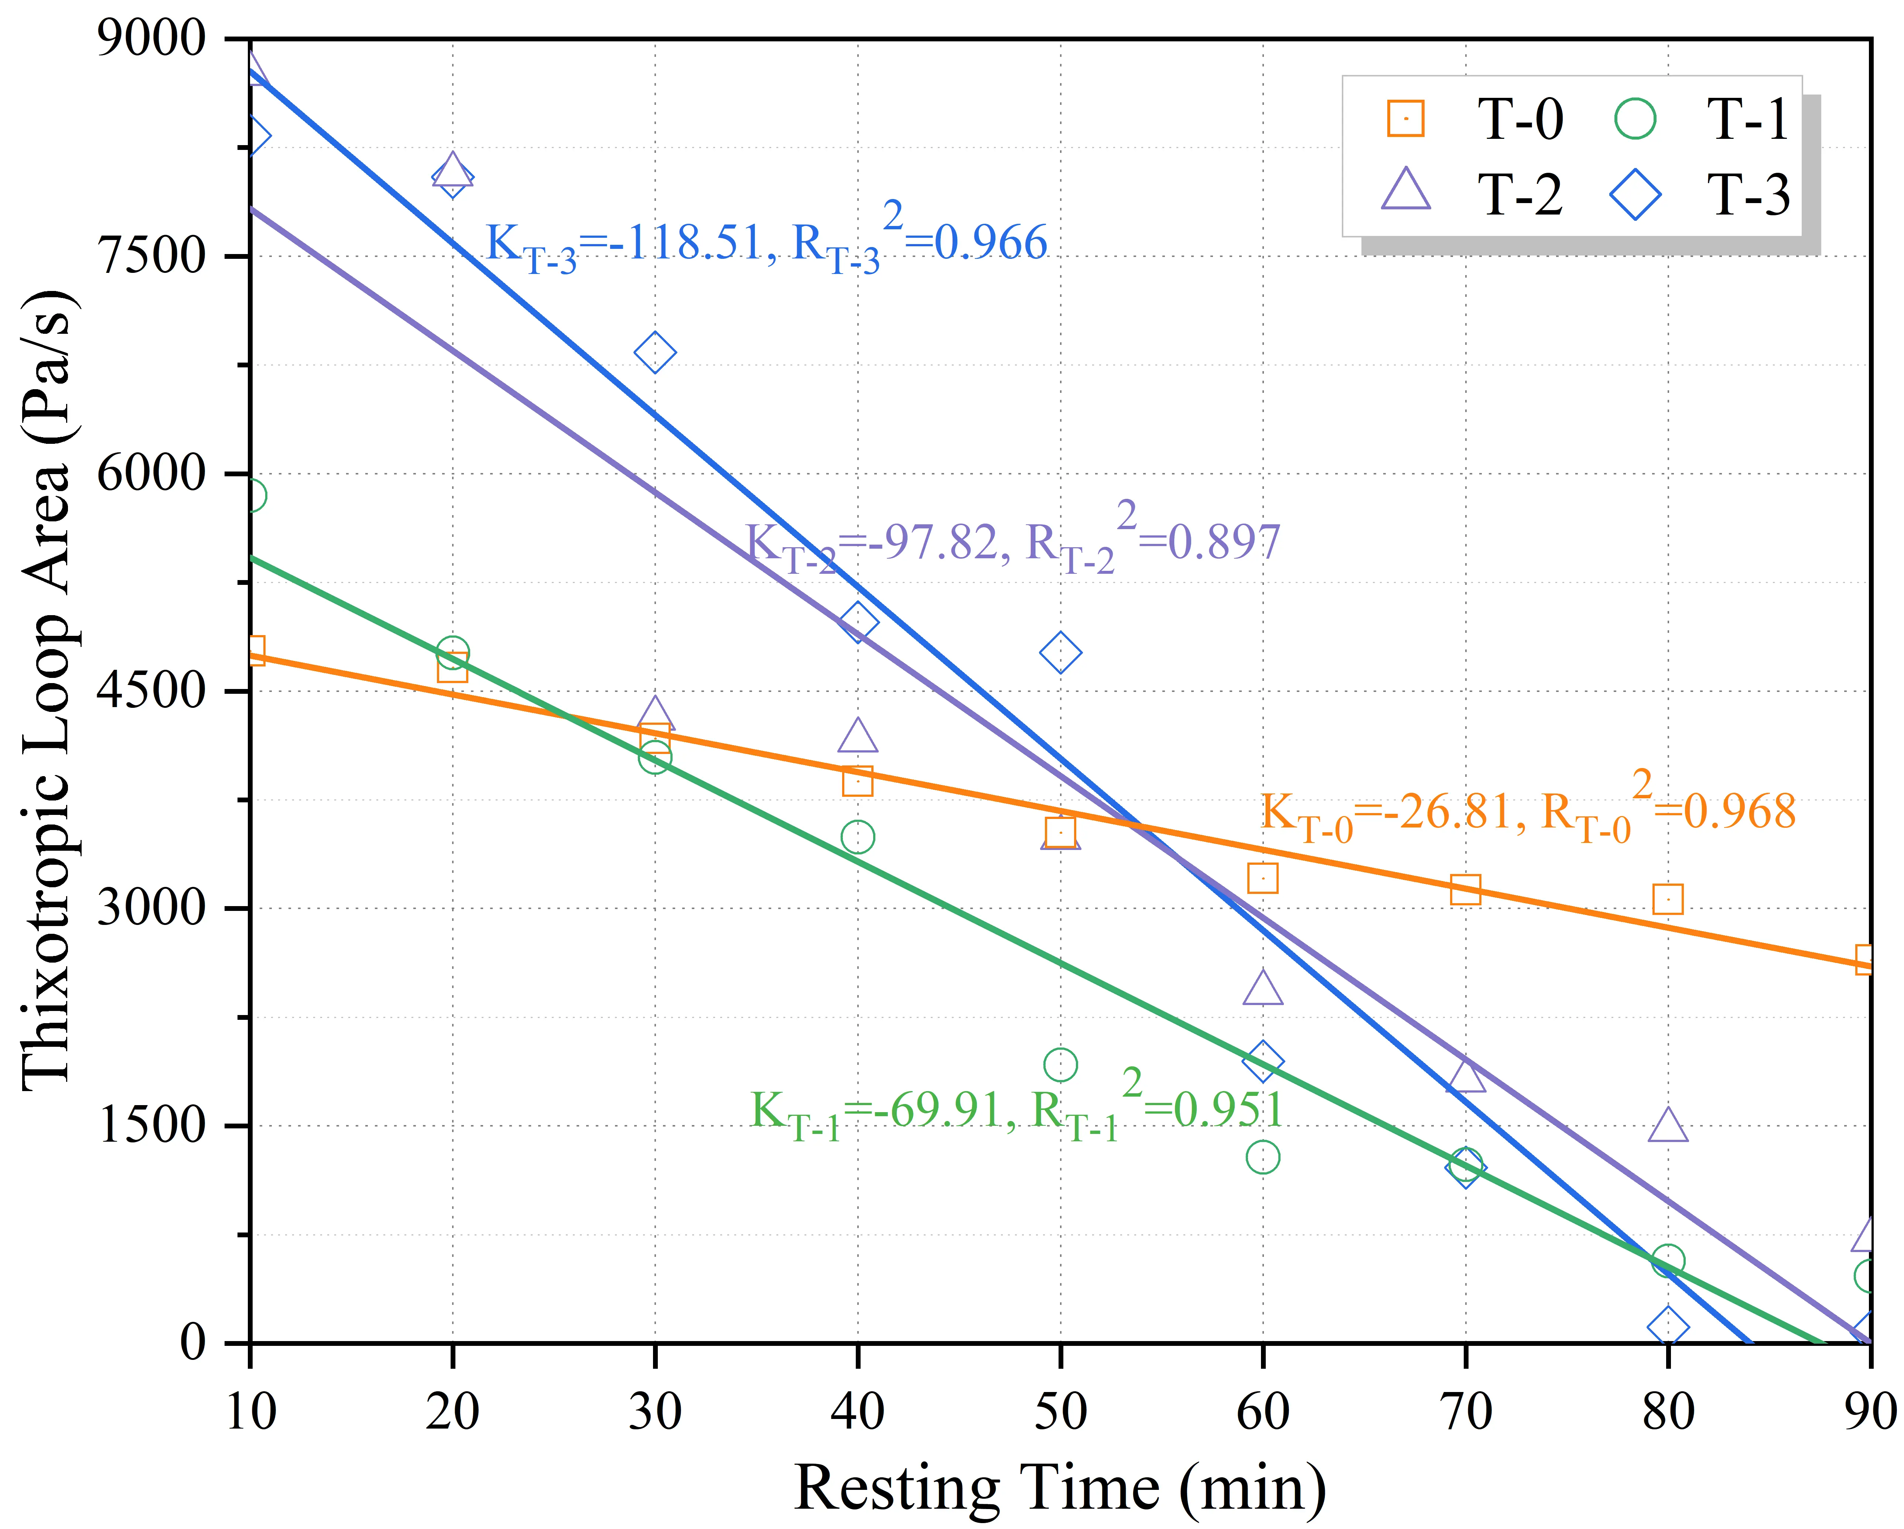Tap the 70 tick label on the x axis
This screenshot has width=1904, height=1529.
[1465, 1412]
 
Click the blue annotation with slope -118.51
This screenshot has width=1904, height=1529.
[766, 243]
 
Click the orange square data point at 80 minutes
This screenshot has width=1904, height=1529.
[1667, 899]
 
